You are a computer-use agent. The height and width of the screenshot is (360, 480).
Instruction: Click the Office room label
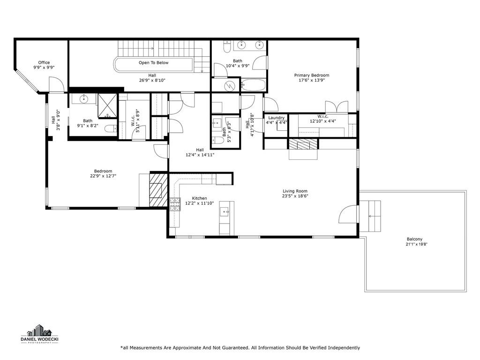click(x=44, y=62)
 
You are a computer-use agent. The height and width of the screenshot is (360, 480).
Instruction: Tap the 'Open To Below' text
click(x=153, y=63)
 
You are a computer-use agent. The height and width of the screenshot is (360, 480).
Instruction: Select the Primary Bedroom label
click(x=312, y=75)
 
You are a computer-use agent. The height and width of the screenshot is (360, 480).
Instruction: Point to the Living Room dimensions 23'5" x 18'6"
click(x=295, y=196)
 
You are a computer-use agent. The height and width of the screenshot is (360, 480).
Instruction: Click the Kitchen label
click(x=199, y=198)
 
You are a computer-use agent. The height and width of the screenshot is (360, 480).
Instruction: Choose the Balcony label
click(x=414, y=239)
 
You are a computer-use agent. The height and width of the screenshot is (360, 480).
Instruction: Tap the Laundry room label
click(x=276, y=118)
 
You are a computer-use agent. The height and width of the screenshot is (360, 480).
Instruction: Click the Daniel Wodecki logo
click(x=39, y=334)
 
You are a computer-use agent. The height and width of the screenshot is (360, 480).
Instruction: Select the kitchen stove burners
click(x=175, y=204)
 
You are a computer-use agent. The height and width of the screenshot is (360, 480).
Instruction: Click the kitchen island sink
click(x=224, y=211)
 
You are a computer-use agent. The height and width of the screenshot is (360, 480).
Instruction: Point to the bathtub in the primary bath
click(x=253, y=85)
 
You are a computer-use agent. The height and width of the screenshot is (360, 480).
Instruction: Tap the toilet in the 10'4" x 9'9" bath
click(x=227, y=46)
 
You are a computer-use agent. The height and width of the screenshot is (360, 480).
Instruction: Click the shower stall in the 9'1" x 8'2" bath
click(x=107, y=105)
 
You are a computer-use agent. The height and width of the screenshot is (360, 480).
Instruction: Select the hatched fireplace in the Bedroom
click(x=158, y=190)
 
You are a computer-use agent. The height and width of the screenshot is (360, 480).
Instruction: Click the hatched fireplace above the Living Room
click(x=303, y=144)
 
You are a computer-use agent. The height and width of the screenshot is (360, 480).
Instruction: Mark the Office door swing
click(x=56, y=84)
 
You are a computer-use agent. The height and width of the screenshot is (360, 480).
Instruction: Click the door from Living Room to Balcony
click(x=348, y=214)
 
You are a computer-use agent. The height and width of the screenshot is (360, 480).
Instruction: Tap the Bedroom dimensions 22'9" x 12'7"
click(x=103, y=176)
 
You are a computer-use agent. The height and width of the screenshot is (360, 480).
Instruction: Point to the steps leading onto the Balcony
click(x=370, y=216)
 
